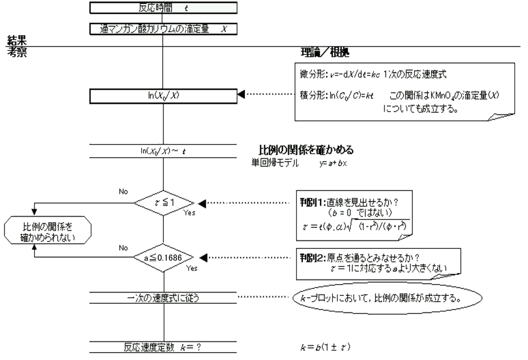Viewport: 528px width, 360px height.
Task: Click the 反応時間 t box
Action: click(163, 9)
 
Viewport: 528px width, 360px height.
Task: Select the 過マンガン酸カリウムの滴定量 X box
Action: click(163, 29)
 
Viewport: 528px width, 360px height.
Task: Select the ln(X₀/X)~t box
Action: click(163, 153)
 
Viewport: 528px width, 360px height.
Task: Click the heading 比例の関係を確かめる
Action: click(306, 150)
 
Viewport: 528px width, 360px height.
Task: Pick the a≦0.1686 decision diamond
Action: click(163, 259)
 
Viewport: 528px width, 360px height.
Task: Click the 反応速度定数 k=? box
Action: click(163, 346)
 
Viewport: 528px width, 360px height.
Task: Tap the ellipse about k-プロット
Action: click(387, 297)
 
